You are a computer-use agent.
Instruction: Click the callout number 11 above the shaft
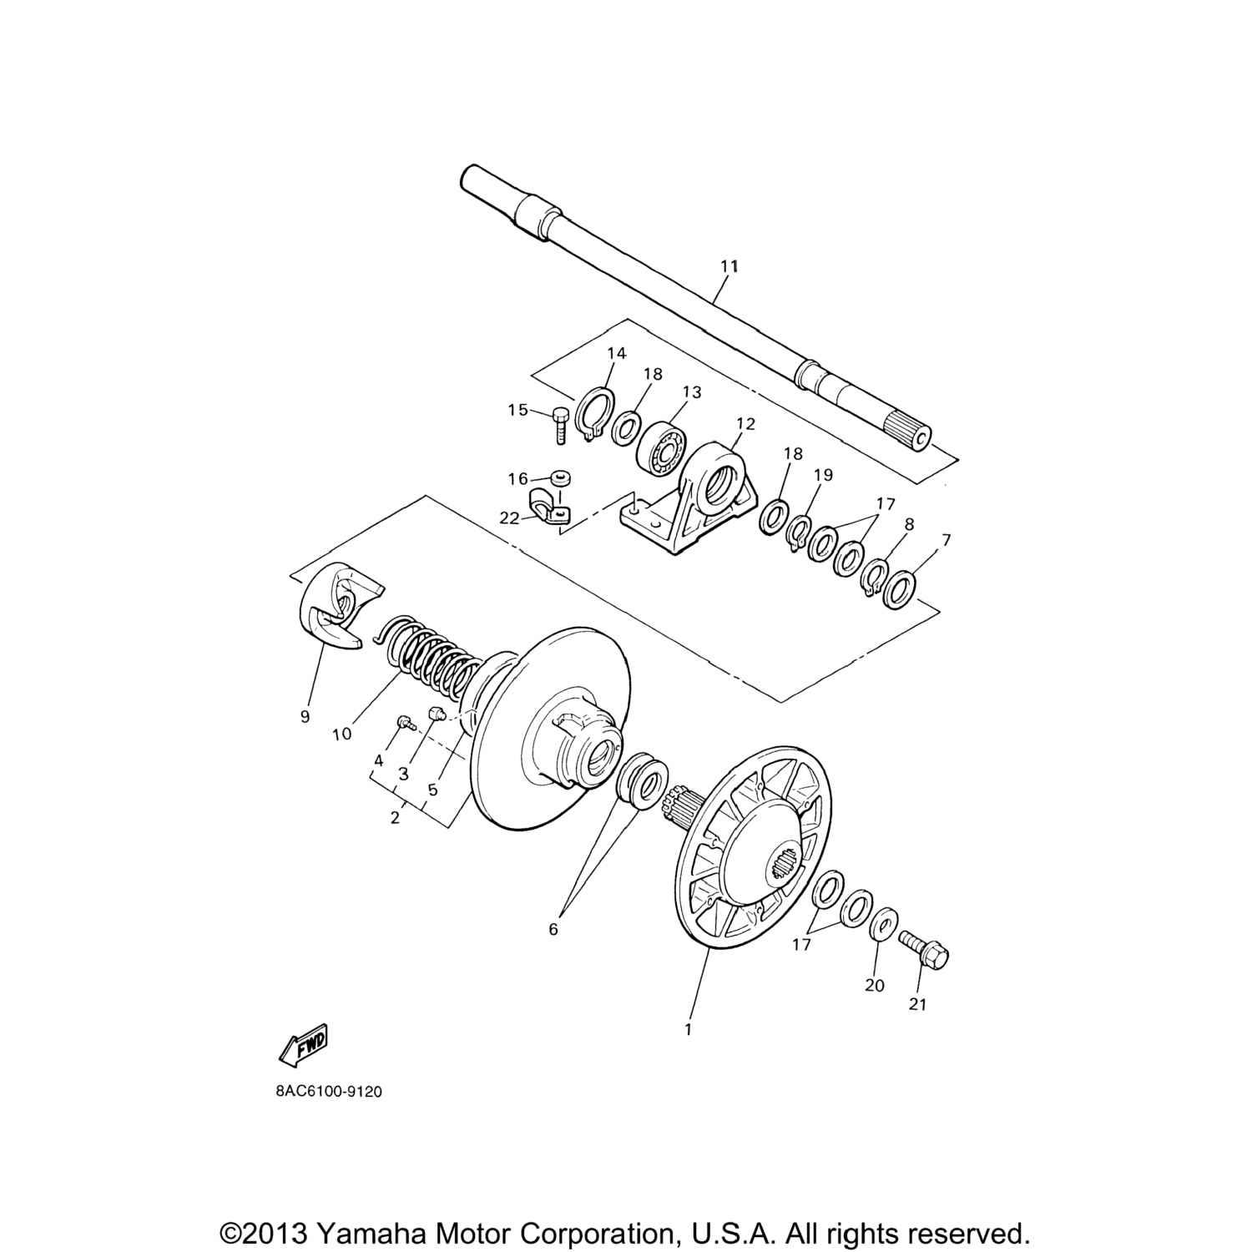729,266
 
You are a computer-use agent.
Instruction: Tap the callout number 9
305,717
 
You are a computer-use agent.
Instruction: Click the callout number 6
553,928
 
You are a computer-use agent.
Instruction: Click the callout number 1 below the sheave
689,1030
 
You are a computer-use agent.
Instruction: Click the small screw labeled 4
408,724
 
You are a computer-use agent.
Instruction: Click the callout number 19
824,475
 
